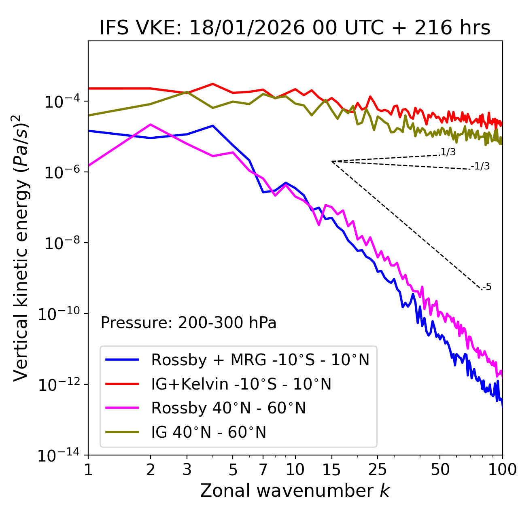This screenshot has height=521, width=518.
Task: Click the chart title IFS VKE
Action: (295, 28)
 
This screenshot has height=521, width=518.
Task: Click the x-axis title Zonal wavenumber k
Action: (295, 491)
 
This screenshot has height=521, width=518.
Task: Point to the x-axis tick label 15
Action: (331, 470)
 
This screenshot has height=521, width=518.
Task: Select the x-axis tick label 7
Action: (263, 470)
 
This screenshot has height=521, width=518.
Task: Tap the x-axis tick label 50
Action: (440, 470)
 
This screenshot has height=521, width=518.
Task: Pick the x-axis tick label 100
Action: (502, 470)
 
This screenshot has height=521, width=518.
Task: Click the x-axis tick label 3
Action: (187, 470)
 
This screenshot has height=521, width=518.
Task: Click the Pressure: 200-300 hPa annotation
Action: (189, 323)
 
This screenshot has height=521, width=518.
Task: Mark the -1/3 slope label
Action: (481, 166)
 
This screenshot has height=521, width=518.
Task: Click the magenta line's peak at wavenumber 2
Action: (151, 125)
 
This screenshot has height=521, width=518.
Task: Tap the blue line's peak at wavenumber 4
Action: (213, 126)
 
